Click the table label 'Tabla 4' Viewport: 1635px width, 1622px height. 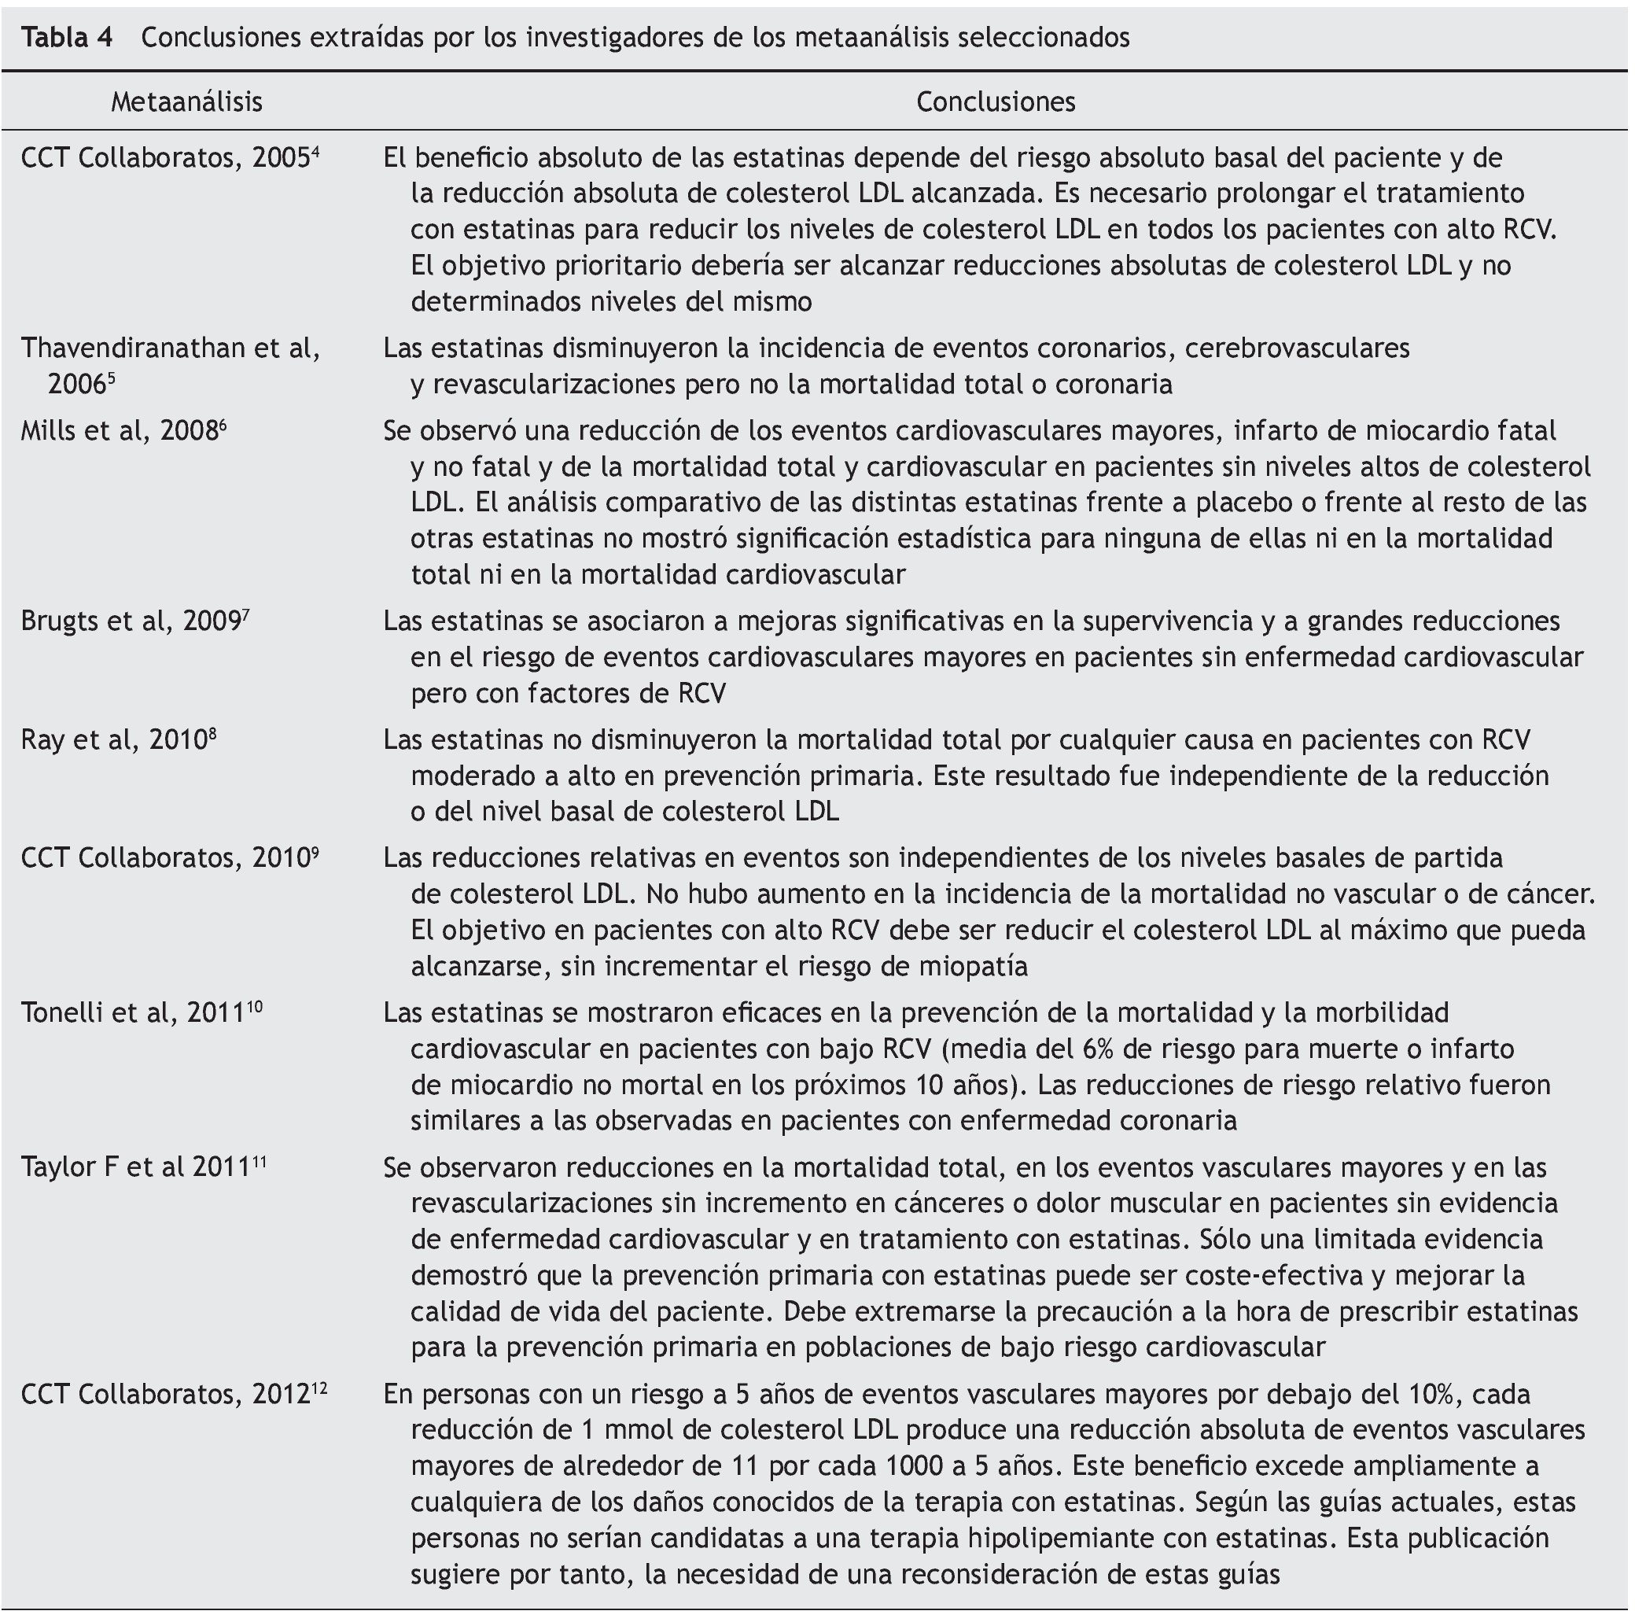point(67,37)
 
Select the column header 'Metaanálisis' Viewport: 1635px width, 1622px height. point(186,101)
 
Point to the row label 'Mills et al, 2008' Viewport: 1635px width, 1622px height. point(120,431)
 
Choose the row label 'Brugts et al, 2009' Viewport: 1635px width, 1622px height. point(131,621)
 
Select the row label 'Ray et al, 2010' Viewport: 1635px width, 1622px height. point(114,740)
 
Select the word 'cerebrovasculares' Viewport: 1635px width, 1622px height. point(1298,348)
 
